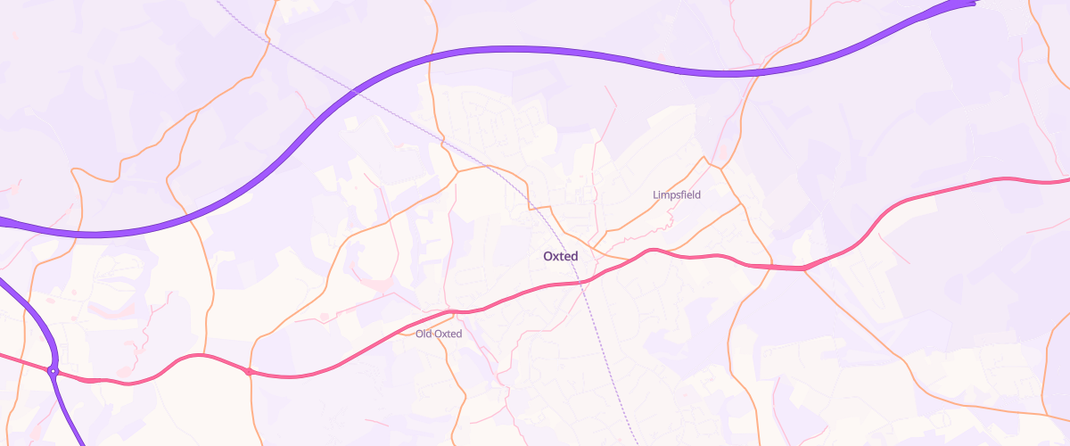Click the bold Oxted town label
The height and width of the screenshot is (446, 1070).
click(560, 256)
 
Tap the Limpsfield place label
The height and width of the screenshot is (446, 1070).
click(678, 194)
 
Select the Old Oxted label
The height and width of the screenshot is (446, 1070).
click(439, 334)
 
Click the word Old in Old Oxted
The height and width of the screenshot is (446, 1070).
click(424, 334)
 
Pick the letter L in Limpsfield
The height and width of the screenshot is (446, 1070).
click(655, 194)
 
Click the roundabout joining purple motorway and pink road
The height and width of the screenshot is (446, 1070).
click(53, 371)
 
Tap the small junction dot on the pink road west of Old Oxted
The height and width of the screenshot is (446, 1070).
click(248, 371)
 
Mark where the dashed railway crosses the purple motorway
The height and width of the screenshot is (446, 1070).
click(355, 90)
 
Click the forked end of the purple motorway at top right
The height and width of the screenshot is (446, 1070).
click(970, 4)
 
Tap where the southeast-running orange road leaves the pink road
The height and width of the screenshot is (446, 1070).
click(805, 268)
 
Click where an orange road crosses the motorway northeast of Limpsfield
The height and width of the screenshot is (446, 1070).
click(756, 73)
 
